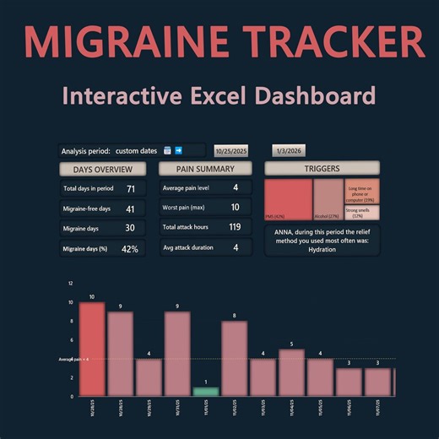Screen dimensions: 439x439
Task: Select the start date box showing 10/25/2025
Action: click(x=230, y=151)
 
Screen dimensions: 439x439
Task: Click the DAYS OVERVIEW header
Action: click(x=100, y=168)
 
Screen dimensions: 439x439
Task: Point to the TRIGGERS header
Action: click(x=321, y=168)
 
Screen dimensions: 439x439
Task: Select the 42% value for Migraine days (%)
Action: click(x=130, y=248)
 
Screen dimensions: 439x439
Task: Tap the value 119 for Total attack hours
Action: click(x=235, y=228)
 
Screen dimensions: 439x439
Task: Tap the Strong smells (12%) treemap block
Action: click(x=360, y=213)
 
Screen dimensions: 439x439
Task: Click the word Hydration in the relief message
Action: click(x=321, y=250)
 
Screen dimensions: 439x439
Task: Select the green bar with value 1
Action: click(x=205, y=392)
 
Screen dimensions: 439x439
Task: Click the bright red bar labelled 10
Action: click(x=91, y=349)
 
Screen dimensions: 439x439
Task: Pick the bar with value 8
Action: click(x=234, y=358)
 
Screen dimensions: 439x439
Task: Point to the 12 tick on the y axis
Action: click(x=71, y=284)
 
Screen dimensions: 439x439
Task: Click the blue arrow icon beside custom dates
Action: click(x=179, y=151)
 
